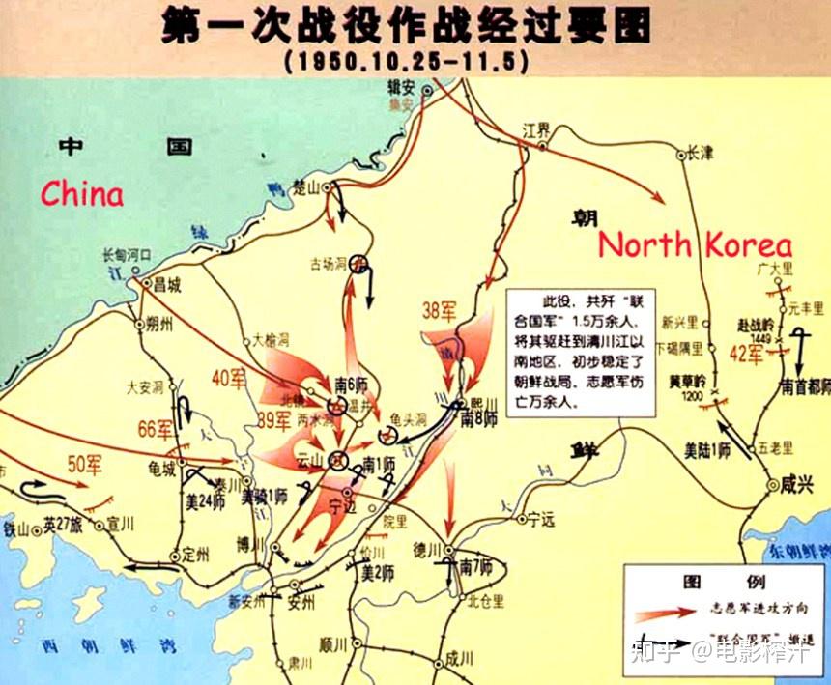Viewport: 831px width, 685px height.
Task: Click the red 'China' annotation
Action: (82, 193)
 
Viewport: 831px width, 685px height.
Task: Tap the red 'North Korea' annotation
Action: (694, 244)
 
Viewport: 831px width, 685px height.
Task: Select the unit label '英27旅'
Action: (63, 528)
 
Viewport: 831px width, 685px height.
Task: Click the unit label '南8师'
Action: (478, 419)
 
